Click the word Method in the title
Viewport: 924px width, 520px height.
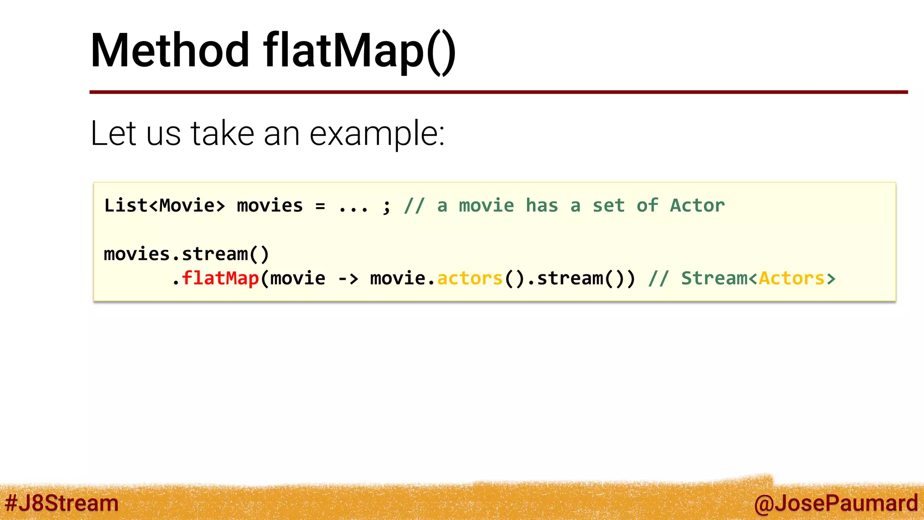pos(170,51)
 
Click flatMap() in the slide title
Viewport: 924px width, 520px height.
pos(359,51)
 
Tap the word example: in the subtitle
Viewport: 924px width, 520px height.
pos(377,134)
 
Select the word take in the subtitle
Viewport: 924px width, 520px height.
pos(222,134)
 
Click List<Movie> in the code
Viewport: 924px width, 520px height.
pos(164,206)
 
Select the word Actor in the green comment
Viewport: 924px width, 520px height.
pos(697,206)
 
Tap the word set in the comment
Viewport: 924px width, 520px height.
pos(608,206)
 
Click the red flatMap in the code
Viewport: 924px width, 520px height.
pos(220,278)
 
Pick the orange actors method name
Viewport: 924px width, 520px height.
pos(470,279)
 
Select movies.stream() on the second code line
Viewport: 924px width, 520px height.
pos(186,254)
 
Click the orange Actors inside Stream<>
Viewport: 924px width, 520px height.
pos(791,279)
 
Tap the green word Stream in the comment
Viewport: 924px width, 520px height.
pos(714,279)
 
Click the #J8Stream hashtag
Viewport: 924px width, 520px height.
pos(62,503)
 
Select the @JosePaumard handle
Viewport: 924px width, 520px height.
pos(836,503)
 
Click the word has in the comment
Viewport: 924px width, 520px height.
pos(542,206)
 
